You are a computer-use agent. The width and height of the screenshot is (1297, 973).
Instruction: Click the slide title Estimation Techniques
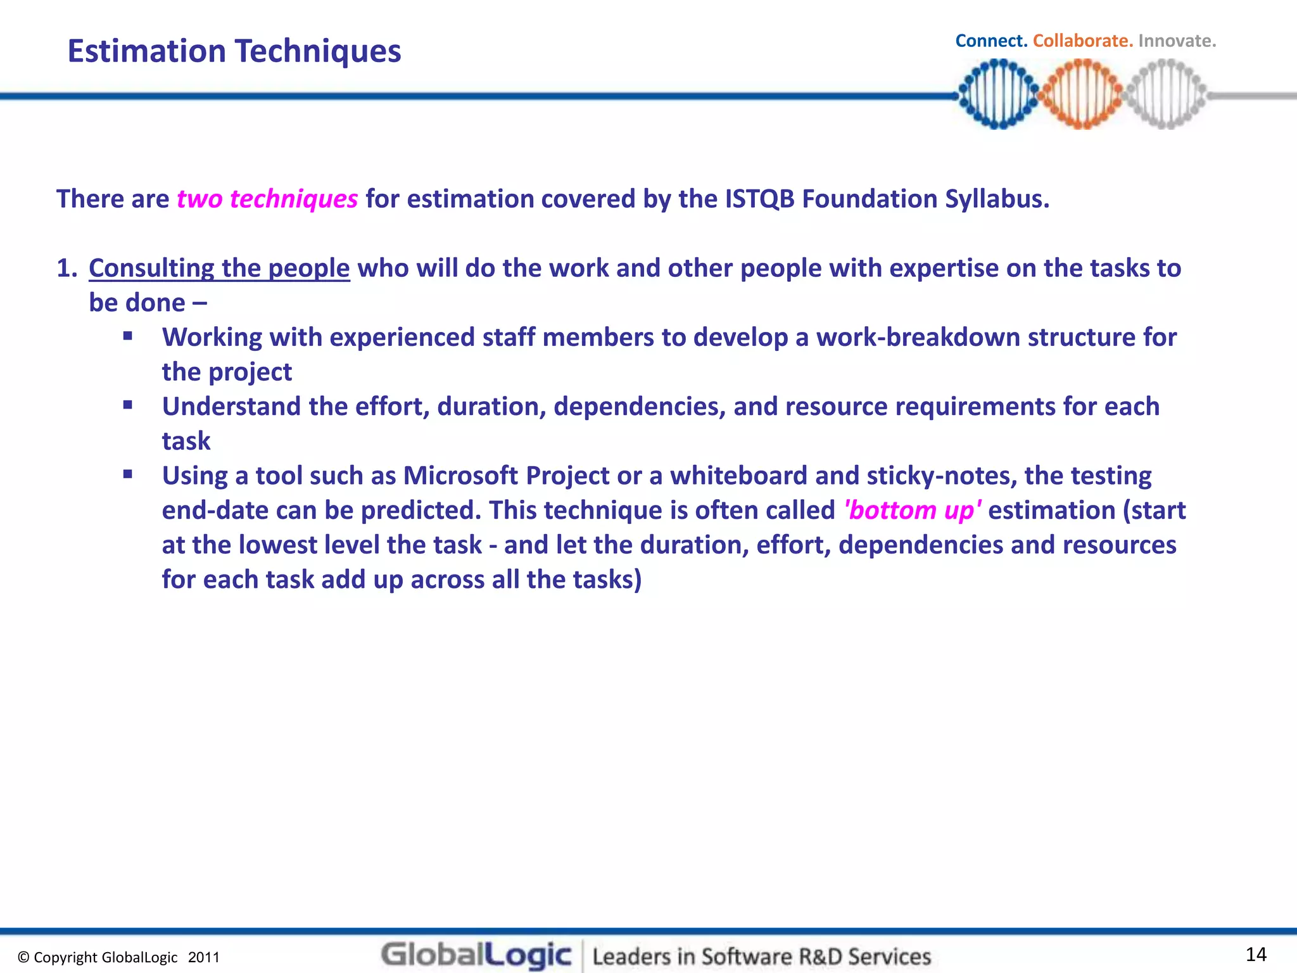tap(234, 51)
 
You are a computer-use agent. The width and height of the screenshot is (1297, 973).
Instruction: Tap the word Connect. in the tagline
tap(990, 41)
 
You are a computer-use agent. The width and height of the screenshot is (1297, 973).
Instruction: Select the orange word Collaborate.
tap(1082, 41)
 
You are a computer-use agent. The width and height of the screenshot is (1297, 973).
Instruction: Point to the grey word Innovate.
tap(1177, 41)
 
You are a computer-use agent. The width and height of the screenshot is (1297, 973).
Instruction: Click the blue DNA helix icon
tap(998, 94)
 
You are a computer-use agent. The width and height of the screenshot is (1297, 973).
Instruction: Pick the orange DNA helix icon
tap(1082, 94)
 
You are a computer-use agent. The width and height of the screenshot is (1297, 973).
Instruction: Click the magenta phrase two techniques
tap(267, 200)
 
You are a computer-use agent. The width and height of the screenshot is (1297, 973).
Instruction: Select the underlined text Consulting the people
tap(219, 269)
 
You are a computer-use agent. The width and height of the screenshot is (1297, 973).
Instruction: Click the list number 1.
tap(66, 269)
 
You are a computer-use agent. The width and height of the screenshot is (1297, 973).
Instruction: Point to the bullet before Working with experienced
tap(128, 336)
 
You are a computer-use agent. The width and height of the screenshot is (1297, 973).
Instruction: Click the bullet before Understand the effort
tap(128, 405)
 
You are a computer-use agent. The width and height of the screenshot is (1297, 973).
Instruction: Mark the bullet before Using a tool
tap(128, 474)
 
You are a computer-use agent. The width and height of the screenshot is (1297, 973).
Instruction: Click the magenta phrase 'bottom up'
tap(913, 511)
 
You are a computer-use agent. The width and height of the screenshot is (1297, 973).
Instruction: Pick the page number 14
tap(1256, 954)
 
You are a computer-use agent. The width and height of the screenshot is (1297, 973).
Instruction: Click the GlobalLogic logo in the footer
tap(476, 955)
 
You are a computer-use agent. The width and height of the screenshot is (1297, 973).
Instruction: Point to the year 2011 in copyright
tap(203, 958)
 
